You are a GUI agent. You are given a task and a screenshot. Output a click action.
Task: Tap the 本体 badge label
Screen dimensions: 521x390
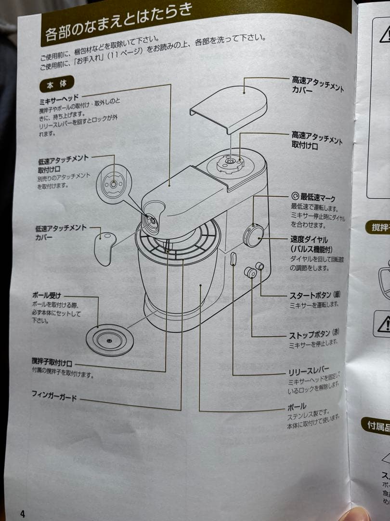click(56, 84)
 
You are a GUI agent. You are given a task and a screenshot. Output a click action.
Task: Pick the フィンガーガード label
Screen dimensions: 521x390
click(54, 397)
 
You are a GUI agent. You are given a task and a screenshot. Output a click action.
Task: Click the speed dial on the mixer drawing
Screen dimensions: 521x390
click(253, 235)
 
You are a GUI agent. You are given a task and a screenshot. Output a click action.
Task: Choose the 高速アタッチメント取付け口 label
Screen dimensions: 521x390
click(317, 141)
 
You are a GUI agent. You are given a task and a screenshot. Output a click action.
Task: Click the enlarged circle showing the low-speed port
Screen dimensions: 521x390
click(113, 184)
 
